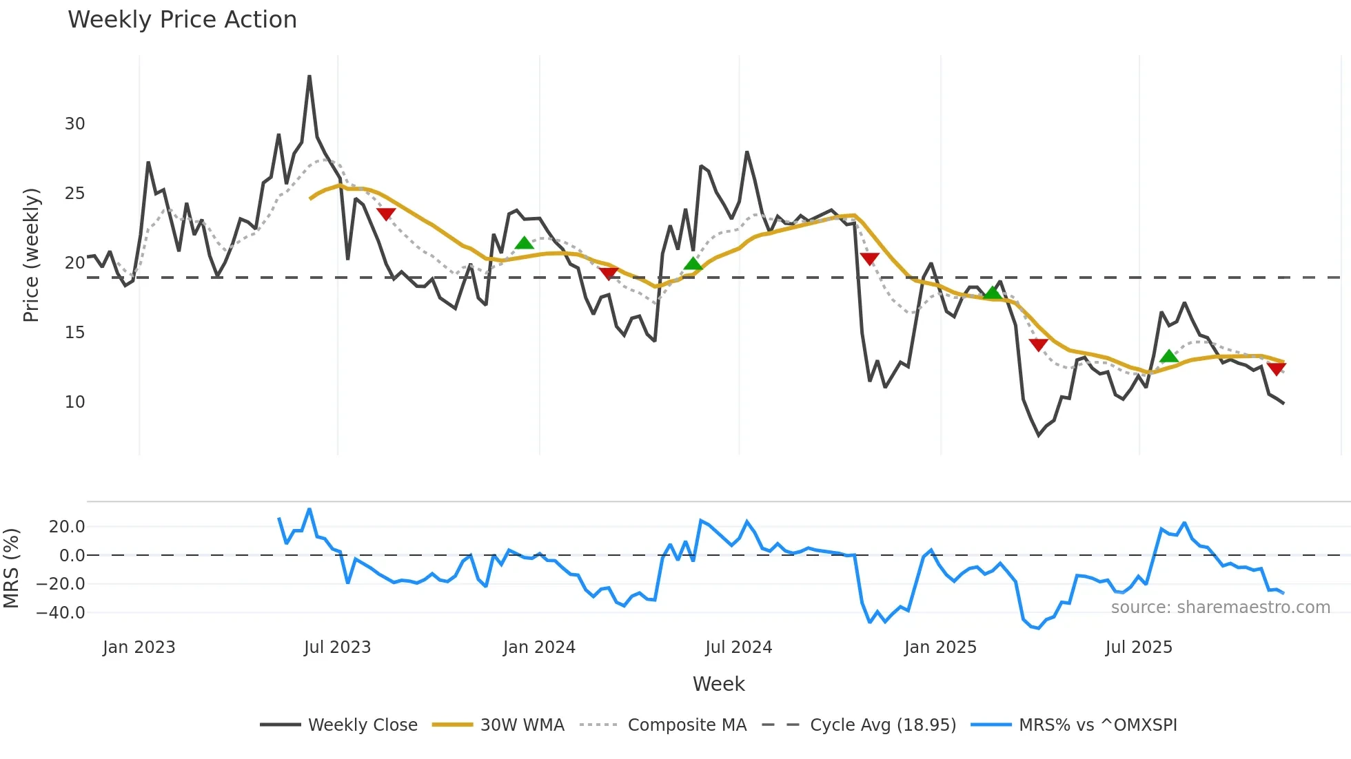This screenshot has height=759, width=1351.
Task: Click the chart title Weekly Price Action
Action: [182, 20]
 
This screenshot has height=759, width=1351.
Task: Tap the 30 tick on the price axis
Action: [75, 124]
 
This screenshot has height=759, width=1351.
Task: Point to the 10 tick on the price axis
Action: [75, 402]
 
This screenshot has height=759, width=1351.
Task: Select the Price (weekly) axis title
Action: [32, 255]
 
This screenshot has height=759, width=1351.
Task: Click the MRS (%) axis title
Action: [11, 568]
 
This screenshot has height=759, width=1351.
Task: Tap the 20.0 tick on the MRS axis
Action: [67, 527]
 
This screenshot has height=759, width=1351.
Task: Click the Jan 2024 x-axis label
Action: [539, 647]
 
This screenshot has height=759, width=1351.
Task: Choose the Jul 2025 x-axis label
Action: [1139, 647]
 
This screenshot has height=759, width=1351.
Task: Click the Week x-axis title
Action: [718, 684]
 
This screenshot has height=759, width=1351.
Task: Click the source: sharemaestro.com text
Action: [1220, 607]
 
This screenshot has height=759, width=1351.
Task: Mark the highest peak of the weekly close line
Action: [309, 76]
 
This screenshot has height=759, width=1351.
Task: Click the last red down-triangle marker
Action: [1277, 369]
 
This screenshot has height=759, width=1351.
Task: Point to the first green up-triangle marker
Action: [525, 243]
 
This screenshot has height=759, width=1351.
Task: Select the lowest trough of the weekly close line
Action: [1039, 435]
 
